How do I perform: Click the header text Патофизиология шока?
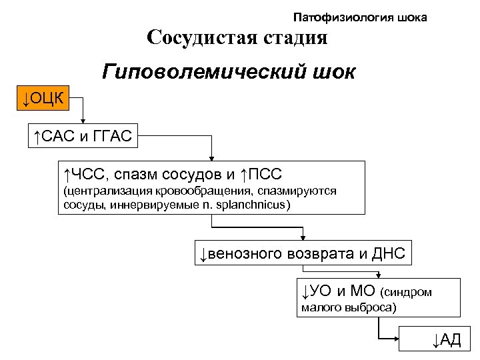point(360,16)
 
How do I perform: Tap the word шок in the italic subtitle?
point(336,71)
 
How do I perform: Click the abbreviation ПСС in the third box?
point(266,175)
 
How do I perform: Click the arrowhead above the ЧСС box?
point(212,158)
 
